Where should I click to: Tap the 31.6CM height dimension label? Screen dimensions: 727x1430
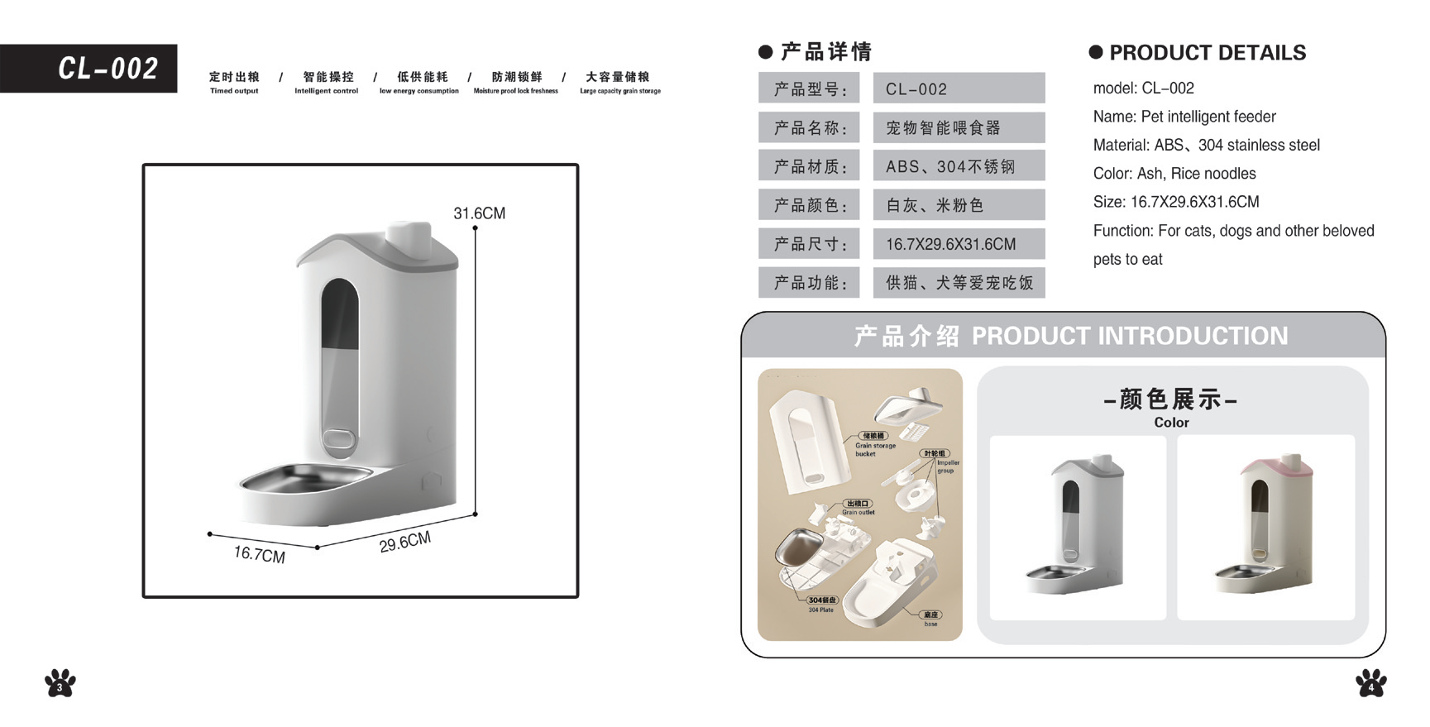tap(479, 213)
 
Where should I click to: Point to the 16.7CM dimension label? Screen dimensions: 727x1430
tap(259, 554)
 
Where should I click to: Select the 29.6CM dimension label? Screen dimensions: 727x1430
tap(405, 543)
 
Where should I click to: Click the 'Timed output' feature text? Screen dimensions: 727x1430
tap(234, 91)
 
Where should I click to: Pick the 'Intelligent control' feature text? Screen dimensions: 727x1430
tap(326, 91)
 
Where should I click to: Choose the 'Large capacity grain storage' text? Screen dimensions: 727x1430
tap(620, 91)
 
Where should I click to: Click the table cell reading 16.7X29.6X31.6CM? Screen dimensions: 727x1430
tap(959, 244)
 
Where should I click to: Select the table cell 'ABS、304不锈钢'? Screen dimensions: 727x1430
tap(959, 166)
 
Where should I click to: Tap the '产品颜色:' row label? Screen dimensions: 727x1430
tap(809, 205)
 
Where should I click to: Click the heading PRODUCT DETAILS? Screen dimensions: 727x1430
tap(1207, 53)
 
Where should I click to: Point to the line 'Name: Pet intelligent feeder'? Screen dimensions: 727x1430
tap(1184, 117)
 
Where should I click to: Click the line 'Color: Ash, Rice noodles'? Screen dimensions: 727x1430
tap(1174, 174)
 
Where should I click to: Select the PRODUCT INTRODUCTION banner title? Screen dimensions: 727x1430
tap(1129, 336)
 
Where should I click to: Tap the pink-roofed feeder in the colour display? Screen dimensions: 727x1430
tap(1265, 525)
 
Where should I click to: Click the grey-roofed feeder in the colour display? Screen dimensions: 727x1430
tap(1078, 525)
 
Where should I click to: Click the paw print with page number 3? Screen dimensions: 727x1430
tap(60, 683)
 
